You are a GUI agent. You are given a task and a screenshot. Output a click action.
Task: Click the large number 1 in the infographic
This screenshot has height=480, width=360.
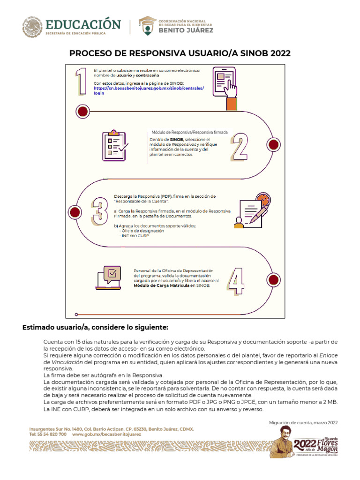coord(82,81)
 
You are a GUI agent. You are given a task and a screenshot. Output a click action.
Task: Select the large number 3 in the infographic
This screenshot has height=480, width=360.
coord(99,212)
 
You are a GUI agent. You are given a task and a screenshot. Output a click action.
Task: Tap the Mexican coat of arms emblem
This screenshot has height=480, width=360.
coord(31,27)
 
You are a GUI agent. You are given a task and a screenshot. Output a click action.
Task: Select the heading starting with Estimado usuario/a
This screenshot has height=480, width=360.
coord(95,327)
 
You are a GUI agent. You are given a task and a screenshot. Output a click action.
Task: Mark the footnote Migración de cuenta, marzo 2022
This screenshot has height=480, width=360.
coord(303,423)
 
